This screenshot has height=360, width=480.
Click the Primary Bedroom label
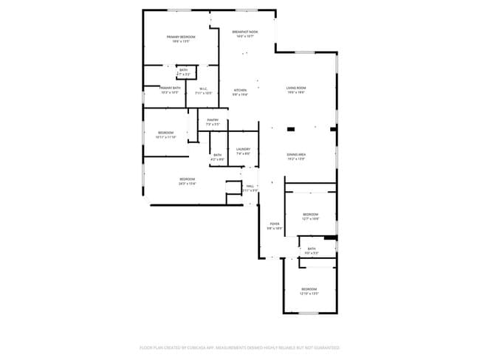[x=181, y=37]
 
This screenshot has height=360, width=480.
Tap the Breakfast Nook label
[x=245, y=32]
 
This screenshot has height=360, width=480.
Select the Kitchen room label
[x=241, y=90]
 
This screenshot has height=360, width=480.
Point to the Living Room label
[x=296, y=89]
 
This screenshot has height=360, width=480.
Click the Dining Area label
[x=296, y=154]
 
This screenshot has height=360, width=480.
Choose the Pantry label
[x=213, y=120]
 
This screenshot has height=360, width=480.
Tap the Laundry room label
[x=243, y=149]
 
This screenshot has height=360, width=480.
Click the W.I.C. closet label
[x=203, y=89]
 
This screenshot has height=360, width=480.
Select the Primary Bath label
[x=171, y=88]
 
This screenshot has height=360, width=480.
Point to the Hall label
[x=250, y=186]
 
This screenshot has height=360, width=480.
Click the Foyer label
[x=274, y=224]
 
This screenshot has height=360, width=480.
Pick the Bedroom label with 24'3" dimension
[x=187, y=179]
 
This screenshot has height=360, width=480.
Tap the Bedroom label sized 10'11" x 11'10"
[x=165, y=133]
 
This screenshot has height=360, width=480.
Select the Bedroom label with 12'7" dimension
[x=310, y=215]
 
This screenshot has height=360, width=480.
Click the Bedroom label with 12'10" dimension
[x=309, y=288]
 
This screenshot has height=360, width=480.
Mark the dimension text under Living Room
[x=296, y=93]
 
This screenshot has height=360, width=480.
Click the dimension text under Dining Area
[x=296, y=159]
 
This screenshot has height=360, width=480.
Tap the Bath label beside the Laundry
[x=217, y=155]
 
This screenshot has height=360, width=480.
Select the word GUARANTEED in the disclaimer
[x=324, y=347]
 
